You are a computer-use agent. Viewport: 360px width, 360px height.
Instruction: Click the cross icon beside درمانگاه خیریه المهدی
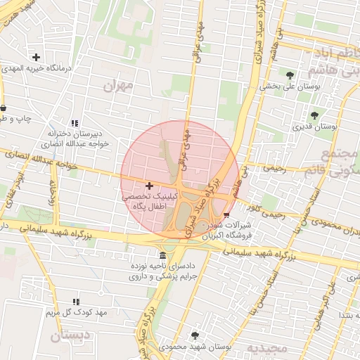point(36,57)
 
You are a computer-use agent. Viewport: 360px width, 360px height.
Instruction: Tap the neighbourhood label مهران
point(118,86)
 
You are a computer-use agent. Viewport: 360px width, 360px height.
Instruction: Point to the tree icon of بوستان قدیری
point(314,115)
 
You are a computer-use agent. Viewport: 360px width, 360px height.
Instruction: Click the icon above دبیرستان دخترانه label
point(75,124)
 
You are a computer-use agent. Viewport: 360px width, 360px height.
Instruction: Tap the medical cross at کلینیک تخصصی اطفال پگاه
point(148,185)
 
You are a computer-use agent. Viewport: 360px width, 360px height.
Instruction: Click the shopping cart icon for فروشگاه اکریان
point(226,215)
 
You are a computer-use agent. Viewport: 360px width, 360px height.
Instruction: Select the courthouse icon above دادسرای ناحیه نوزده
point(163,255)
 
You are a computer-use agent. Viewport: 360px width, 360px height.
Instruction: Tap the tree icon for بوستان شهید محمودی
point(195,335)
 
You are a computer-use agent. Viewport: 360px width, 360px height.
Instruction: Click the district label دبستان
point(70,336)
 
